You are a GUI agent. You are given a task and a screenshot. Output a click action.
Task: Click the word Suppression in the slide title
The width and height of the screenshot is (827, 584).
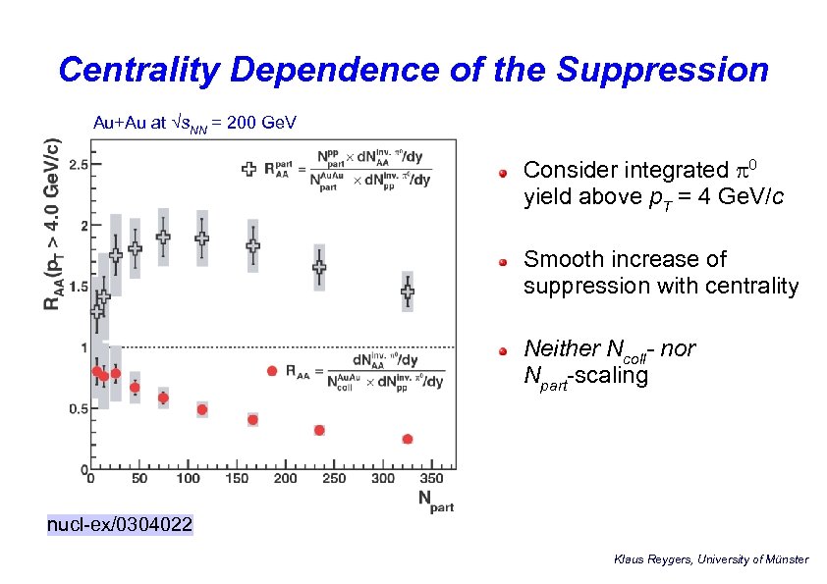[x=663, y=70]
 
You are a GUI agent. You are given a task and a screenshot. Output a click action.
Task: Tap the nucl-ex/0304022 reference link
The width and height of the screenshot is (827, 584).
[x=120, y=526]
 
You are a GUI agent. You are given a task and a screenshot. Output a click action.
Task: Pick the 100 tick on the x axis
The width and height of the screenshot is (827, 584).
[x=188, y=479]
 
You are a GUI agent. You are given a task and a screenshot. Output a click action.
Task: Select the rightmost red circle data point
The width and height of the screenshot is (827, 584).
[x=408, y=439]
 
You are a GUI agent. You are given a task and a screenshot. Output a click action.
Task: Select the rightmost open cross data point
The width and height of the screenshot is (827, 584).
[x=408, y=291]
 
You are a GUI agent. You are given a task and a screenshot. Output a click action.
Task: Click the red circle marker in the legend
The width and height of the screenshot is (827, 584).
[x=272, y=371]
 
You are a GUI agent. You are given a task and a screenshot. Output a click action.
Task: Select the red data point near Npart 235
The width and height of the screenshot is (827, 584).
[x=319, y=430]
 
